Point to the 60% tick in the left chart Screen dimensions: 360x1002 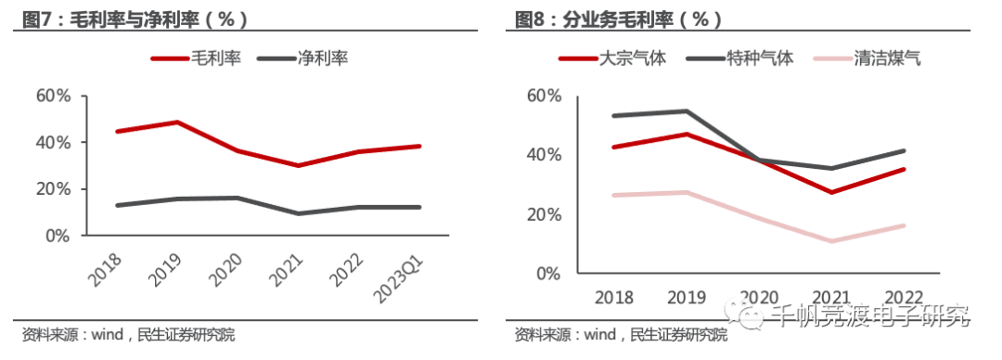tap(53, 96)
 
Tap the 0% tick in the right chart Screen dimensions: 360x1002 tap(549, 274)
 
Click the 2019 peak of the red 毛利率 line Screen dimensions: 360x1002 tap(177, 122)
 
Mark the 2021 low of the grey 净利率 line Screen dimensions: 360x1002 tap(298, 213)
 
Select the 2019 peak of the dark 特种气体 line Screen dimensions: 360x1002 tap(687, 111)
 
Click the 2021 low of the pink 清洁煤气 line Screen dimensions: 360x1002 tap(830, 241)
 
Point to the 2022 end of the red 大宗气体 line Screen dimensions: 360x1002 tap(903, 169)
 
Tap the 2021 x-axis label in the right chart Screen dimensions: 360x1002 tap(831, 296)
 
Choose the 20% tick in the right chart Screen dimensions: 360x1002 tap(545, 214)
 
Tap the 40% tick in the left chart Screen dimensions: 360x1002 tap(53, 142)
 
